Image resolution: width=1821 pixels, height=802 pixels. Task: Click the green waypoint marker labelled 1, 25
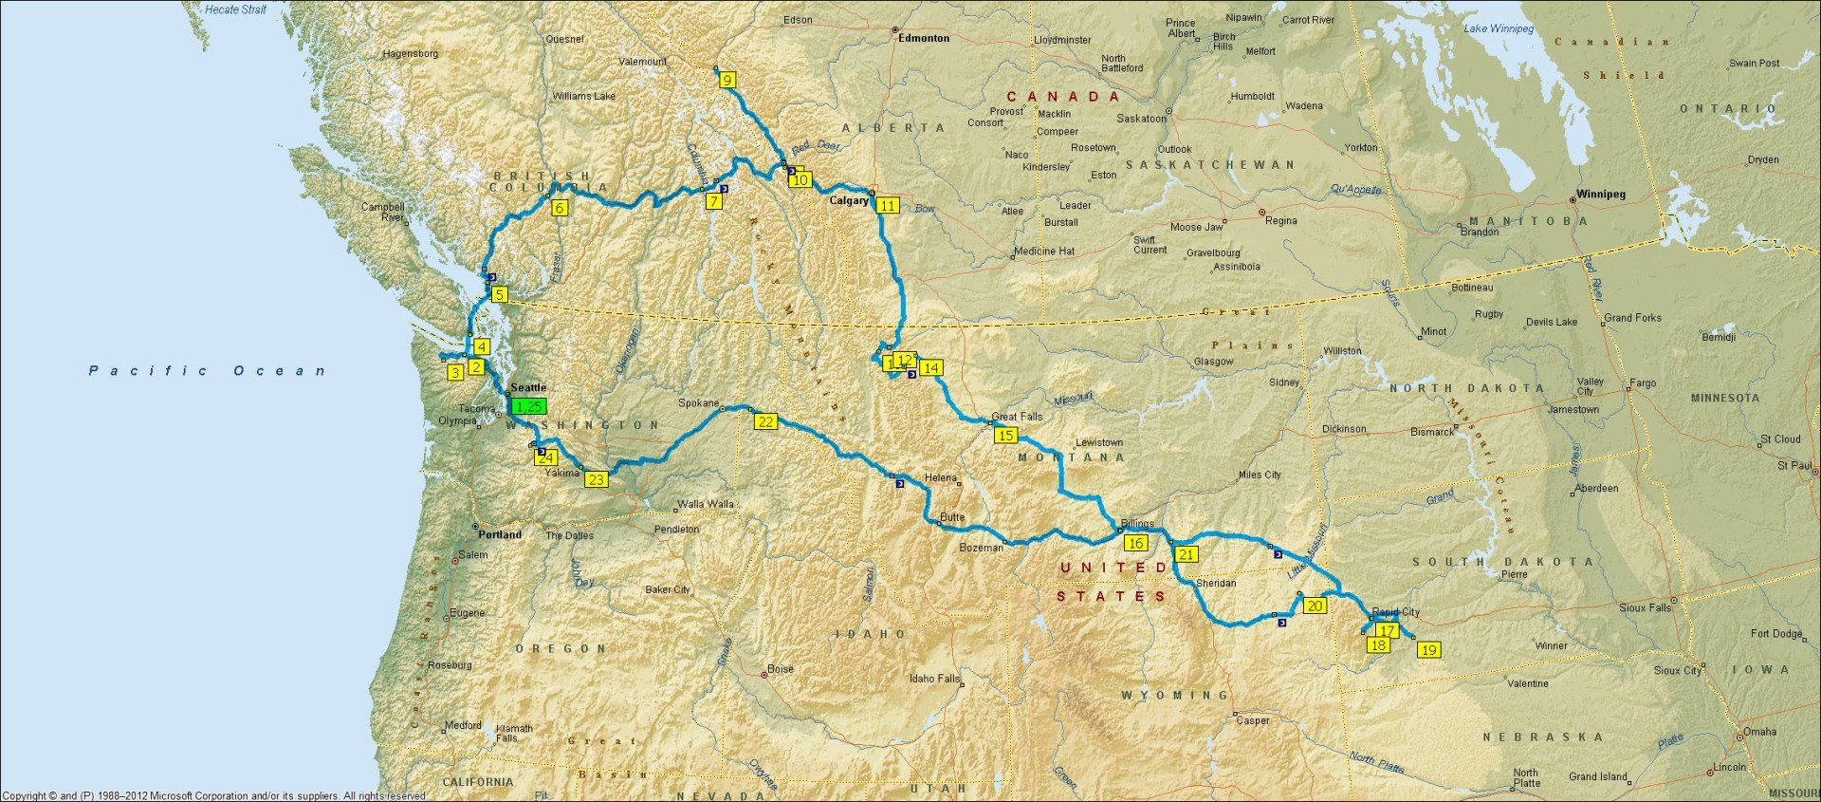[528, 406]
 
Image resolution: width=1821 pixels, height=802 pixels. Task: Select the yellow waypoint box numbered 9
[727, 81]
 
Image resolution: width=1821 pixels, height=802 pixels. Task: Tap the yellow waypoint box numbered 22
[765, 422]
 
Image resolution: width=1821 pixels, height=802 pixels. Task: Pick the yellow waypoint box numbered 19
[1428, 650]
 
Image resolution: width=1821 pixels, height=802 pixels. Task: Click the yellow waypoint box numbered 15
[1005, 436]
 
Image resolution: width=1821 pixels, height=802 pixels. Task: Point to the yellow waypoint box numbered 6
[560, 208]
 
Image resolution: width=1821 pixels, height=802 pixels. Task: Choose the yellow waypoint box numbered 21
[1186, 554]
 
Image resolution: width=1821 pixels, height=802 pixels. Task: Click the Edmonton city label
[925, 39]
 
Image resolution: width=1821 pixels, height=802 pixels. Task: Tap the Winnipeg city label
[1601, 195]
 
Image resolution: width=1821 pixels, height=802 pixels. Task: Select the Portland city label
[500, 535]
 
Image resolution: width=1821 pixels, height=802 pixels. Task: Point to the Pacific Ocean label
[207, 371]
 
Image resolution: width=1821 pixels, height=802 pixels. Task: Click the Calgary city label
[849, 201]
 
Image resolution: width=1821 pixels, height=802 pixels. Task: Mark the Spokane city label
[699, 403]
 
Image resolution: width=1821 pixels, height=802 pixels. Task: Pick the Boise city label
[781, 669]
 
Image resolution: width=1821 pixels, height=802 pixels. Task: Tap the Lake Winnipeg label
[1499, 29]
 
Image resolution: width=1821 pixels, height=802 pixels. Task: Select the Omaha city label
[1759, 732]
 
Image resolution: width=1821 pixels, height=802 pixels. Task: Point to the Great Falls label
[1017, 417]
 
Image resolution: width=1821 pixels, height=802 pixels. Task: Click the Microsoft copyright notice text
[213, 796]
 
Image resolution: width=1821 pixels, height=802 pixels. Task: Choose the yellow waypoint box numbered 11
[887, 205]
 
